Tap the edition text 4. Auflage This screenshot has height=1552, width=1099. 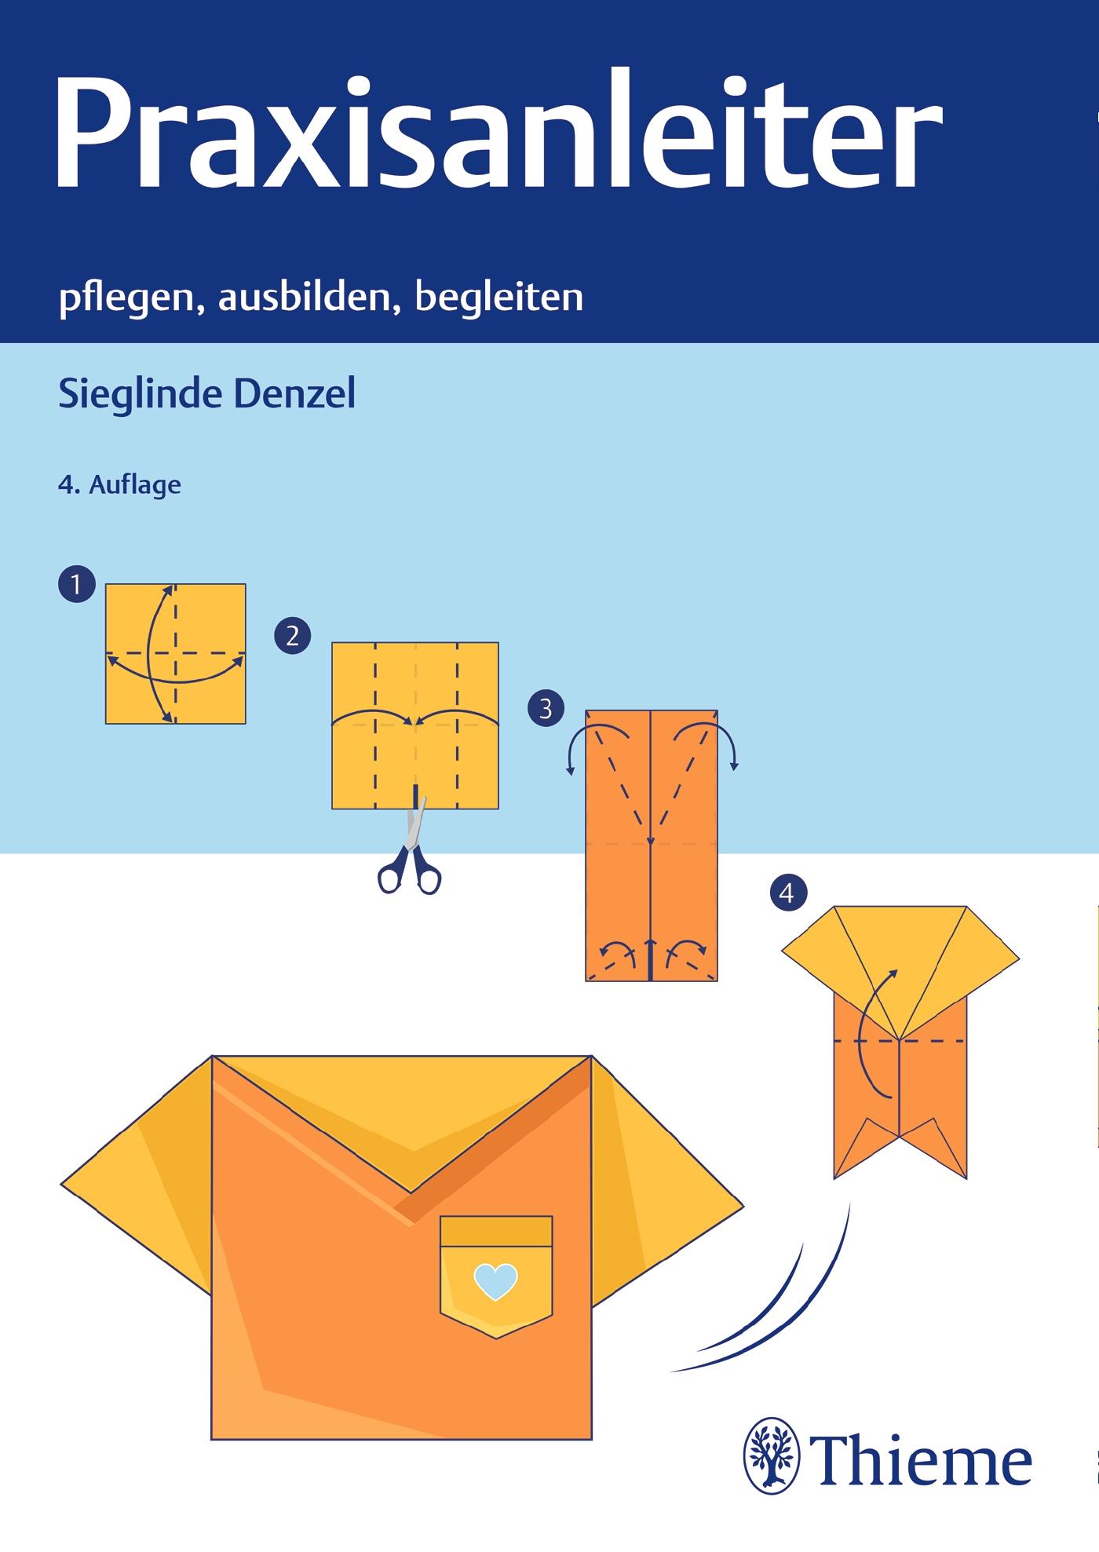click(x=119, y=485)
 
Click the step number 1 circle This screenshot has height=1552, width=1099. click(x=76, y=585)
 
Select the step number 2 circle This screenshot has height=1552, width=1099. click(x=293, y=635)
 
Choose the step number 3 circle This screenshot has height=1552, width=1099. click(x=546, y=709)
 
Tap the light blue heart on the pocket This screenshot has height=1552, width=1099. click(x=496, y=1282)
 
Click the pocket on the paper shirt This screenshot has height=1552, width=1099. click(x=496, y=1276)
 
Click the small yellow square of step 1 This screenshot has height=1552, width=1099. click(x=176, y=653)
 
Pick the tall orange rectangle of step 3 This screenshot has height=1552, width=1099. click(x=652, y=845)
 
